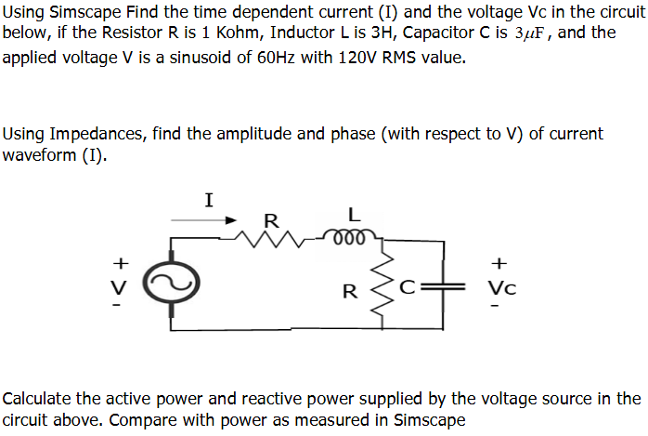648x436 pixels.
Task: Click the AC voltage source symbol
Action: pyautogui.click(x=174, y=282)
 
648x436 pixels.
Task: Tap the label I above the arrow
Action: pyautogui.click(x=209, y=198)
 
